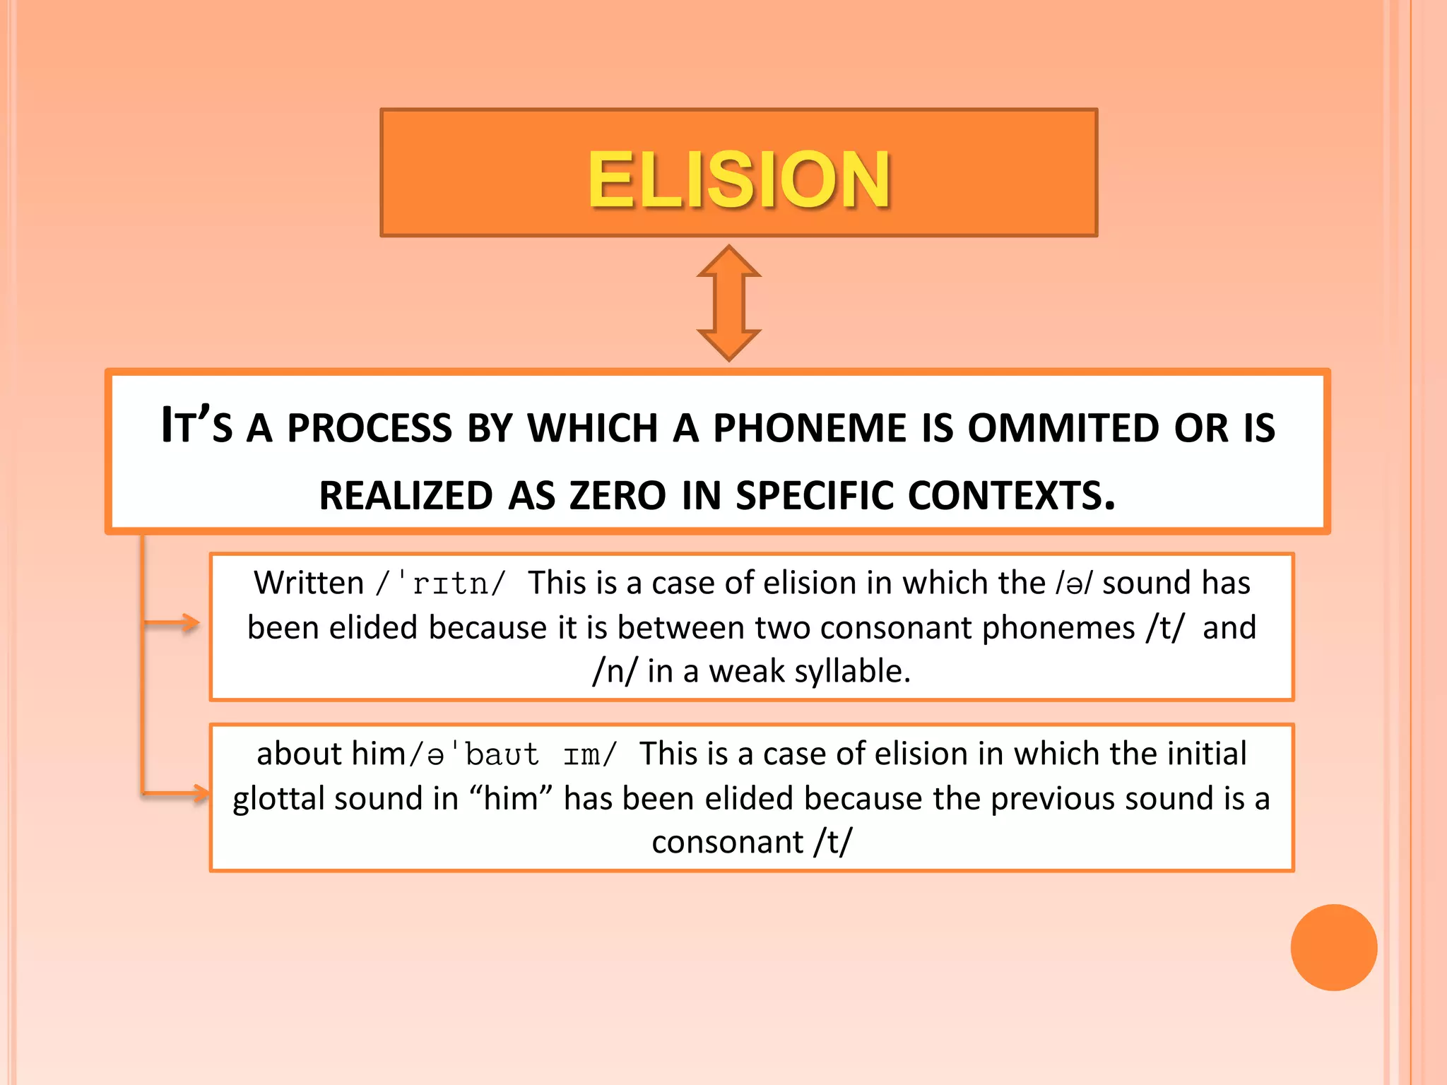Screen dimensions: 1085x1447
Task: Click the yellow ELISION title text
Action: point(738,179)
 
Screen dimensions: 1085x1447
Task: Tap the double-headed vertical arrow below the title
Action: point(728,303)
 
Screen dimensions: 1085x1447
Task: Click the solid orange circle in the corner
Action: point(1333,947)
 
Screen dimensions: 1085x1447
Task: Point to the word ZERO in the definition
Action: point(618,495)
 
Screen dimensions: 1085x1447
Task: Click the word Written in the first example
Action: point(309,583)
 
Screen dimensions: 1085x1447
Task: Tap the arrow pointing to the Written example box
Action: point(173,623)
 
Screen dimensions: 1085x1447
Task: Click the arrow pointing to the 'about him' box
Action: point(177,793)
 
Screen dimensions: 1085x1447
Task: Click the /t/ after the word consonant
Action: point(833,842)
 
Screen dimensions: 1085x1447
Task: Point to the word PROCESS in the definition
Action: point(369,428)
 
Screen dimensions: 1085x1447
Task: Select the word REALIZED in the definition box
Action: point(406,495)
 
